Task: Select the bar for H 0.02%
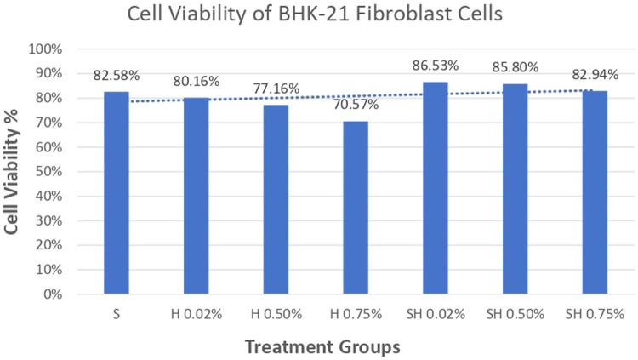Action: (x=196, y=196)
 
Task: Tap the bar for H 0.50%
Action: (x=275, y=200)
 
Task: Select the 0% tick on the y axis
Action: (x=54, y=295)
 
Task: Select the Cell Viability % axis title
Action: (x=14, y=171)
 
